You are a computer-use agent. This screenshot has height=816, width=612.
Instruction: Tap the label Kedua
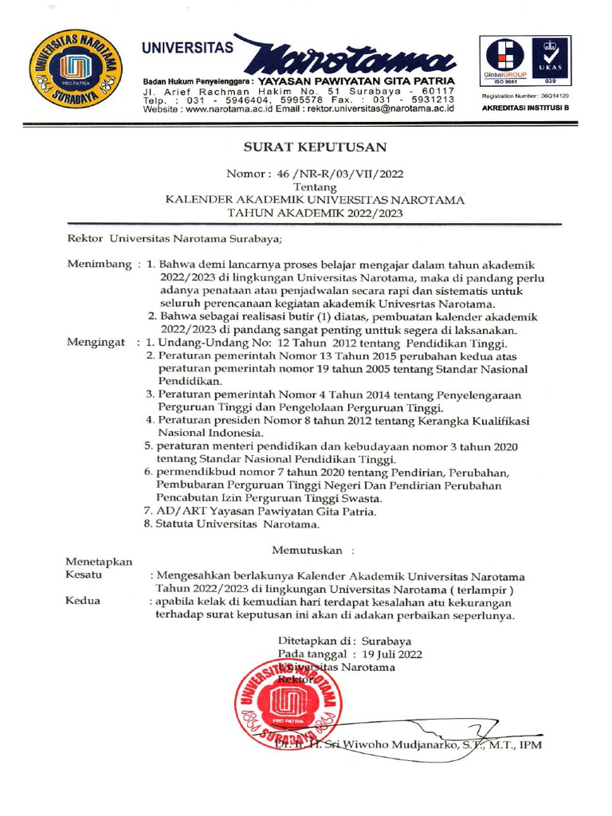83,601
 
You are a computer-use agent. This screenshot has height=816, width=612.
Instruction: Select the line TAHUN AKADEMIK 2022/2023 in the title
316,213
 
